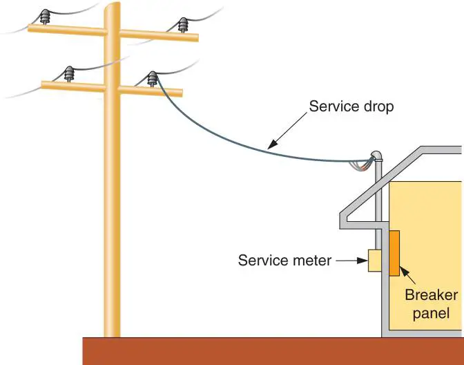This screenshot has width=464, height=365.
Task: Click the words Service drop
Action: point(351,107)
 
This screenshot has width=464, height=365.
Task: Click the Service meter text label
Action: point(284,261)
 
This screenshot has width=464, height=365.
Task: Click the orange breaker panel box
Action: point(395,254)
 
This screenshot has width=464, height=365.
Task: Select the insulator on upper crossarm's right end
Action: point(183,26)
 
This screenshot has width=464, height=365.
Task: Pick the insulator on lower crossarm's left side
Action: point(69,73)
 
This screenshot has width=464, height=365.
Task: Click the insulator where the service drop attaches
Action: point(152,78)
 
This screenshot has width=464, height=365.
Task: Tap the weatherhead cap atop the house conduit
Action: point(376,156)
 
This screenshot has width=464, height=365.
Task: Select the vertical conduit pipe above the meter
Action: point(376,207)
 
